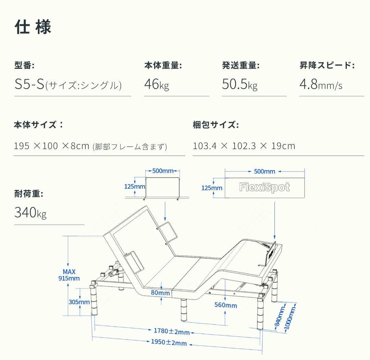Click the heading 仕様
[x=33, y=27]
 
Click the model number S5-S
[x=29, y=85]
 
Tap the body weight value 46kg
[x=156, y=84]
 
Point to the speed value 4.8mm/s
[x=320, y=84]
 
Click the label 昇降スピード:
[x=326, y=65]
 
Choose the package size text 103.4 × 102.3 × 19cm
[x=244, y=146]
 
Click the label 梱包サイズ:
[x=215, y=125]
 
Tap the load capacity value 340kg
[x=30, y=213]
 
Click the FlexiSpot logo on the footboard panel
[x=264, y=188]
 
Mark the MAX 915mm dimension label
[x=69, y=275]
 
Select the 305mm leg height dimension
[x=79, y=302]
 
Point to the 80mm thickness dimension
[x=160, y=293]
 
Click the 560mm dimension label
[x=225, y=305]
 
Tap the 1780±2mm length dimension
[x=171, y=331]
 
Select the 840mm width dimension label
[x=281, y=317]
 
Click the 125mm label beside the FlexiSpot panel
[x=211, y=188]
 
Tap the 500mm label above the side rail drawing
[x=163, y=171]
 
